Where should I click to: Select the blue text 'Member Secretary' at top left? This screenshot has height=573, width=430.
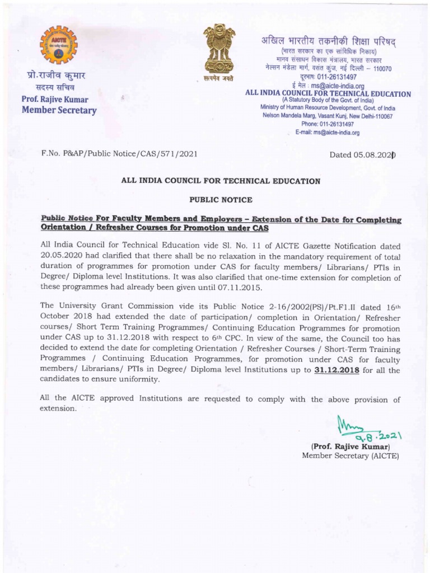tap(59, 110)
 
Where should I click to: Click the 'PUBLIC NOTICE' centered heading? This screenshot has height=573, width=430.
tap(221, 200)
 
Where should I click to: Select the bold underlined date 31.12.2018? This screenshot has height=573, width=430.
tap(336, 370)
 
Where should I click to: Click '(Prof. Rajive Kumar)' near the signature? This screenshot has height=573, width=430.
tap(350, 447)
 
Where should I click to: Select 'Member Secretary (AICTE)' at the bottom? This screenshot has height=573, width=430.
tap(350, 456)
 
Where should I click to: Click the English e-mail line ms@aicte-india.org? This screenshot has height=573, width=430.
tap(328, 133)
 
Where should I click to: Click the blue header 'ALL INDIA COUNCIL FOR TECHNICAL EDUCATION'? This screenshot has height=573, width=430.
tap(328, 94)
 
